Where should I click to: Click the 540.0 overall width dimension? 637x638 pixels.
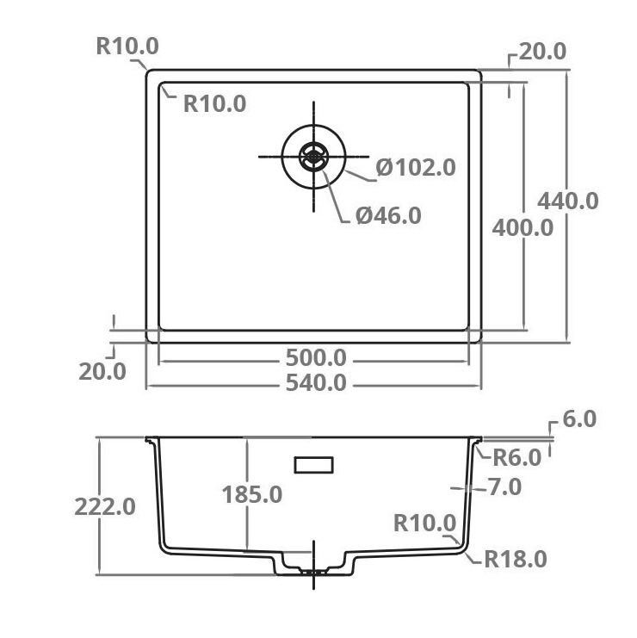tap(315, 382)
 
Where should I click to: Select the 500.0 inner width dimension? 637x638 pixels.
tap(315, 357)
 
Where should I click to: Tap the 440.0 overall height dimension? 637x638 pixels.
tap(567, 201)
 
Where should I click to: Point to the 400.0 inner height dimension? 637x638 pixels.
tap(523, 228)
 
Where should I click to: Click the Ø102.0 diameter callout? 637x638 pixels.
tap(416, 167)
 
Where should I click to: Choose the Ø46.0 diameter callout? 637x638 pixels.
tap(388, 215)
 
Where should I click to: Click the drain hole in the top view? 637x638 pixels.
tap(313, 156)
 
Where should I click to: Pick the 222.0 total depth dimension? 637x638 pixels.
tap(104, 506)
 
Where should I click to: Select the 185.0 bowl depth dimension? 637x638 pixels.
tap(252, 495)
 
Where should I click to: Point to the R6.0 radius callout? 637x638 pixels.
tap(516, 458)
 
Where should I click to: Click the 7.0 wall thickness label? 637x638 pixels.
tap(504, 487)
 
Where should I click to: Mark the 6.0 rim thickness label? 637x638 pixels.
tap(579, 419)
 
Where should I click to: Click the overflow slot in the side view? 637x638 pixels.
tap(313, 465)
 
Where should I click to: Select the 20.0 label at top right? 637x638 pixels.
tap(542, 51)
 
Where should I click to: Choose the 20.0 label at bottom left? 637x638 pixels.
tap(102, 372)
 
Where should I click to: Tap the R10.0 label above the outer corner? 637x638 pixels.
tap(127, 46)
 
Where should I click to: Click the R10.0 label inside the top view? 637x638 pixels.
tap(214, 104)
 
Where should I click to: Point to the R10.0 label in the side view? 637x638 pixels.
tap(424, 523)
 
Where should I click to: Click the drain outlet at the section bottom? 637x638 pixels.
tap(313, 569)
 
